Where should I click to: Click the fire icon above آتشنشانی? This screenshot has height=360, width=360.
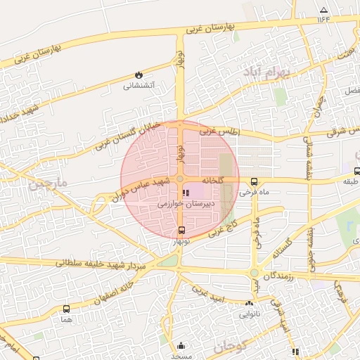pos(139,75)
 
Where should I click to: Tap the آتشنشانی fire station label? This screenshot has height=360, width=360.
pos(139,86)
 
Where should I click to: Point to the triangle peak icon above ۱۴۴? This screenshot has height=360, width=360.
pos(323,10)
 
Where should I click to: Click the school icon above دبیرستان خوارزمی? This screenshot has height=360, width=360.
pos(185,192)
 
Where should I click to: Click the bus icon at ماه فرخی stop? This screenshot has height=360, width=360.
pos(255,181)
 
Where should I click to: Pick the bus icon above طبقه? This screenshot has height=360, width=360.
pos(357,171)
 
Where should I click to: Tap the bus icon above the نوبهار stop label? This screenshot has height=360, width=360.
pos(182,231)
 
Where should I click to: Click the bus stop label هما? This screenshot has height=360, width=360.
pos(67,319)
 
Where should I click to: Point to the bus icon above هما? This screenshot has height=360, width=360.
pos(67,309)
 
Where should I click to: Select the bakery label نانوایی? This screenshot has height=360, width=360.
pos(249,314)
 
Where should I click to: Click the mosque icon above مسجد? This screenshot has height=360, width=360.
pos(181,345)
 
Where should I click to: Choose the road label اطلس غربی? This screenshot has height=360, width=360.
pos(219,131)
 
